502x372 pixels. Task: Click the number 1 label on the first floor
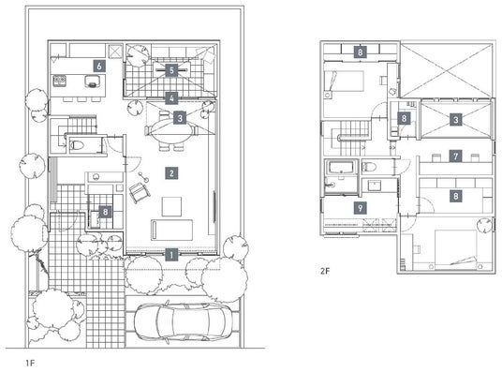(171, 255)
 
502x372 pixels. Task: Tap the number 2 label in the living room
(171, 173)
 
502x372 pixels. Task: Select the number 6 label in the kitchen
(99, 66)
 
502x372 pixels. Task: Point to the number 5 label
(171, 70)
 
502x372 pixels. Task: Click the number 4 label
(171, 98)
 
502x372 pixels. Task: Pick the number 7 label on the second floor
(456, 156)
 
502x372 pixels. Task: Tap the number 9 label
(361, 208)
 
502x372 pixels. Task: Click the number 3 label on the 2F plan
(456, 120)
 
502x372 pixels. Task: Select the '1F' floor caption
(30, 363)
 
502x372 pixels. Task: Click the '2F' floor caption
(325, 271)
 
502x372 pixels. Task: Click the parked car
(184, 321)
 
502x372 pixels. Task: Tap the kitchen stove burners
(60, 81)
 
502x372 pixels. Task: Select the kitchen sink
(92, 82)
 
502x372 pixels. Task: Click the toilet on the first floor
(77, 145)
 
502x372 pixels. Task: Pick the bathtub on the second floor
(341, 168)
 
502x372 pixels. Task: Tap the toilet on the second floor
(369, 167)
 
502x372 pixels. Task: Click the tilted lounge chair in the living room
(140, 193)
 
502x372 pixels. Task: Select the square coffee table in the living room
(171, 207)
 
